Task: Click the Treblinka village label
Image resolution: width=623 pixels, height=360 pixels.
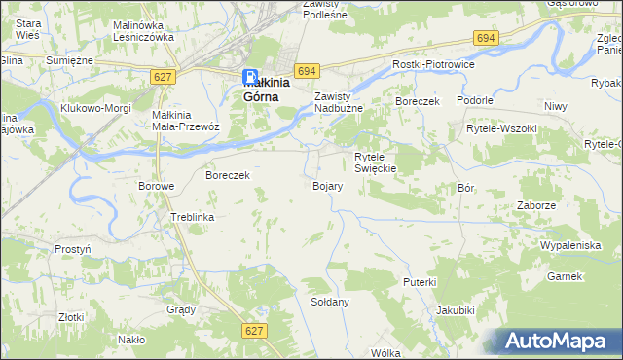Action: click(x=192, y=217)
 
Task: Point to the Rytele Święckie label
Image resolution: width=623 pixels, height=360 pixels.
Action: click(x=374, y=162)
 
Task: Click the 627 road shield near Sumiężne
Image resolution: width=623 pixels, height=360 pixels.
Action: click(x=163, y=75)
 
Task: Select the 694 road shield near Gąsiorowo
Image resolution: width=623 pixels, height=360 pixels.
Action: click(x=487, y=37)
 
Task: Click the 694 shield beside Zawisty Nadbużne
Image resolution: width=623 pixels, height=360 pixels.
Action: click(x=309, y=71)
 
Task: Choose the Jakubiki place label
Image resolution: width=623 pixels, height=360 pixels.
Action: click(x=456, y=311)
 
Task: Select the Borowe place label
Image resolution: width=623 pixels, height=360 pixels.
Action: click(x=156, y=186)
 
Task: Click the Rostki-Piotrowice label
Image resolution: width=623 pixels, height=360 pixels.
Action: click(x=431, y=63)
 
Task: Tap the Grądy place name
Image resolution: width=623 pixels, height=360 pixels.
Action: click(x=181, y=309)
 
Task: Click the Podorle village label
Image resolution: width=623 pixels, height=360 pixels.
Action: click(x=477, y=100)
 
